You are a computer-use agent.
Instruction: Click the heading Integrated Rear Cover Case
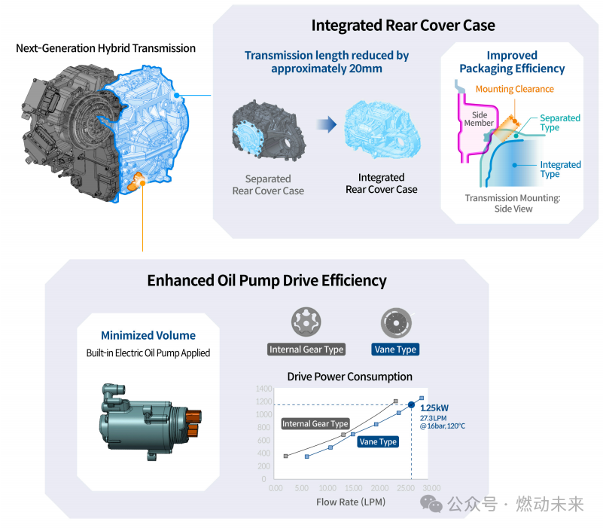pos(403,26)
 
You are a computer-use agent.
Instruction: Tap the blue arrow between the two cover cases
pos(327,124)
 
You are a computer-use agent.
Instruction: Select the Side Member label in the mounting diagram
pos(479,119)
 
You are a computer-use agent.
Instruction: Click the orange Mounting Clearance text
pos(515,89)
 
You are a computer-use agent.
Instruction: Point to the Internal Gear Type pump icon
pos(306,322)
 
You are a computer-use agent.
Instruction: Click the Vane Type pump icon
pos(396,322)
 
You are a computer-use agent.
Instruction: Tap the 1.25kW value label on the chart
pos(434,408)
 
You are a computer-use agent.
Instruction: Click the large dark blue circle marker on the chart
pos(412,404)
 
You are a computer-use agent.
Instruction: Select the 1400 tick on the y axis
pos(263,389)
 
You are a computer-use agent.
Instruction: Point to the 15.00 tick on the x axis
pos(353,488)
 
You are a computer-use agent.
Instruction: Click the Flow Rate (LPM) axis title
pos(351,502)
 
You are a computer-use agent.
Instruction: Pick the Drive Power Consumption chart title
pos(349,377)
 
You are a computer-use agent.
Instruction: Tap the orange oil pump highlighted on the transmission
pos(136,181)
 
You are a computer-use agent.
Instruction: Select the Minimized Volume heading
pos(148,335)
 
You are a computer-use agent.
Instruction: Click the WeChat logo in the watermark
pos(431,504)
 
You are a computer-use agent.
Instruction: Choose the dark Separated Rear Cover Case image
pos(269,129)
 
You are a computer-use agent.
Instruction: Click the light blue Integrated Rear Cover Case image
pos(382,129)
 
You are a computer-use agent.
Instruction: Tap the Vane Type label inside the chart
pos(378,442)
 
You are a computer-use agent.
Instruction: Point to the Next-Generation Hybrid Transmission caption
pos(105,48)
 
